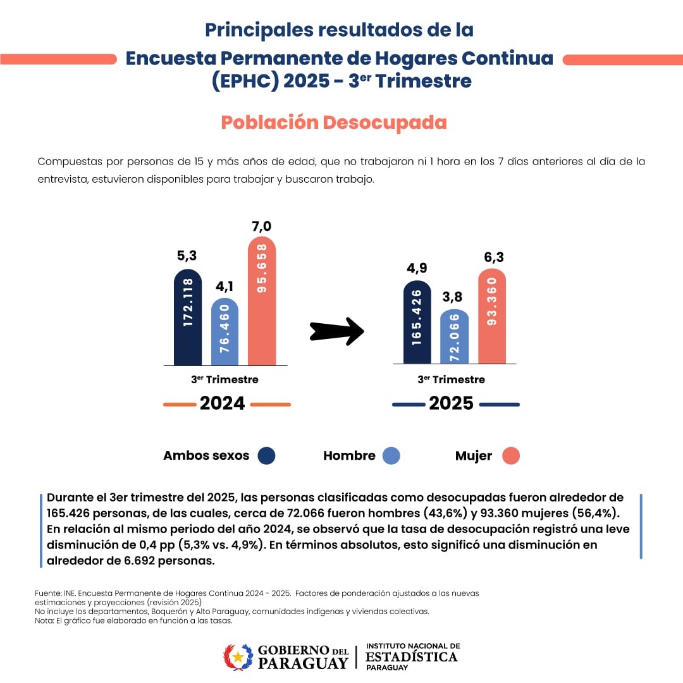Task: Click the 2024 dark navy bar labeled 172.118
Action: tap(188, 317)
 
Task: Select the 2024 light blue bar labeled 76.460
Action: tap(225, 332)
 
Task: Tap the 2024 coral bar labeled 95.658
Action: tap(261, 301)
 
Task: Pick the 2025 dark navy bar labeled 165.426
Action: tap(417, 323)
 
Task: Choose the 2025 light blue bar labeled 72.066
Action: tap(454, 337)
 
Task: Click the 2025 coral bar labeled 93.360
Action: tap(491, 316)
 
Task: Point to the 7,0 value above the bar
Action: tap(261, 226)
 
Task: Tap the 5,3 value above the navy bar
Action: tap(187, 256)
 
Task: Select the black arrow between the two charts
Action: tap(337, 331)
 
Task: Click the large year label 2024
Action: tap(222, 403)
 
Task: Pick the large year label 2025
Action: tap(451, 403)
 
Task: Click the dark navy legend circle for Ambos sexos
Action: tap(267, 456)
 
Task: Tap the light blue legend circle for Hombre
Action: tap(391, 456)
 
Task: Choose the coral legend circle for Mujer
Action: tap(511, 456)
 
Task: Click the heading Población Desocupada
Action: tap(334, 122)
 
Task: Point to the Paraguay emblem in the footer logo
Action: tap(238, 657)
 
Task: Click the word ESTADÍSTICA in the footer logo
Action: tap(411, 656)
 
